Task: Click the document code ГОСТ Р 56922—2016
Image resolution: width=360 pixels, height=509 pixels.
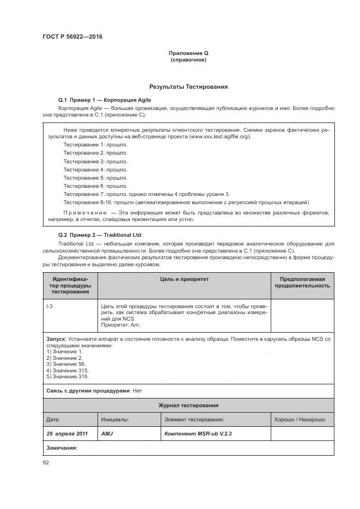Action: [72, 36]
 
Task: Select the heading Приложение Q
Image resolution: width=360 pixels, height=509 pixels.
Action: [188, 53]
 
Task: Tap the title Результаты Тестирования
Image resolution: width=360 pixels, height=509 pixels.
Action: [188, 87]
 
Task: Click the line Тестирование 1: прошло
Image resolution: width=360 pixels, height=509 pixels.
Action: [95, 145]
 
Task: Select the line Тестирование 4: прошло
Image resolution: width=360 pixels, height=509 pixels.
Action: [95, 169]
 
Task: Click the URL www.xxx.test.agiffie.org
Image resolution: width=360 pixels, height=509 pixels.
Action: [219, 137]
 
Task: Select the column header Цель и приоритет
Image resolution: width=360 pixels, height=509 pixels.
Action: [184, 279]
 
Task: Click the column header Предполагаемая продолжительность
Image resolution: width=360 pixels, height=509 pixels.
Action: [302, 282]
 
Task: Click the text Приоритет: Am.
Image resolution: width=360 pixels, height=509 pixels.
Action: [120, 325]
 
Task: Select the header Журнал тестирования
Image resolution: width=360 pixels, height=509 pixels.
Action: [188, 406]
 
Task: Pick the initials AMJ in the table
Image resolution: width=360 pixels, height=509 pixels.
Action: [107, 434]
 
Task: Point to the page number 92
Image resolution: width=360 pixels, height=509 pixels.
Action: [46, 463]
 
